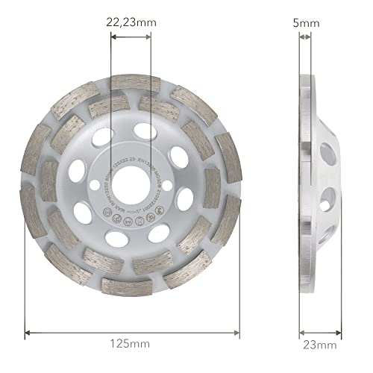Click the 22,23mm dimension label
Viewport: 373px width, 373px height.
tap(130, 23)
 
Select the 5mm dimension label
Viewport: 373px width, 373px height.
tap(305, 23)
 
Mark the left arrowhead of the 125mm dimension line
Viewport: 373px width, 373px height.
tap(28, 331)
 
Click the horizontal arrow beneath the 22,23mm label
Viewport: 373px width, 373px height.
tap(130, 42)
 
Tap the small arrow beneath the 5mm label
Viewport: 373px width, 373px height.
tap(305, 42)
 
